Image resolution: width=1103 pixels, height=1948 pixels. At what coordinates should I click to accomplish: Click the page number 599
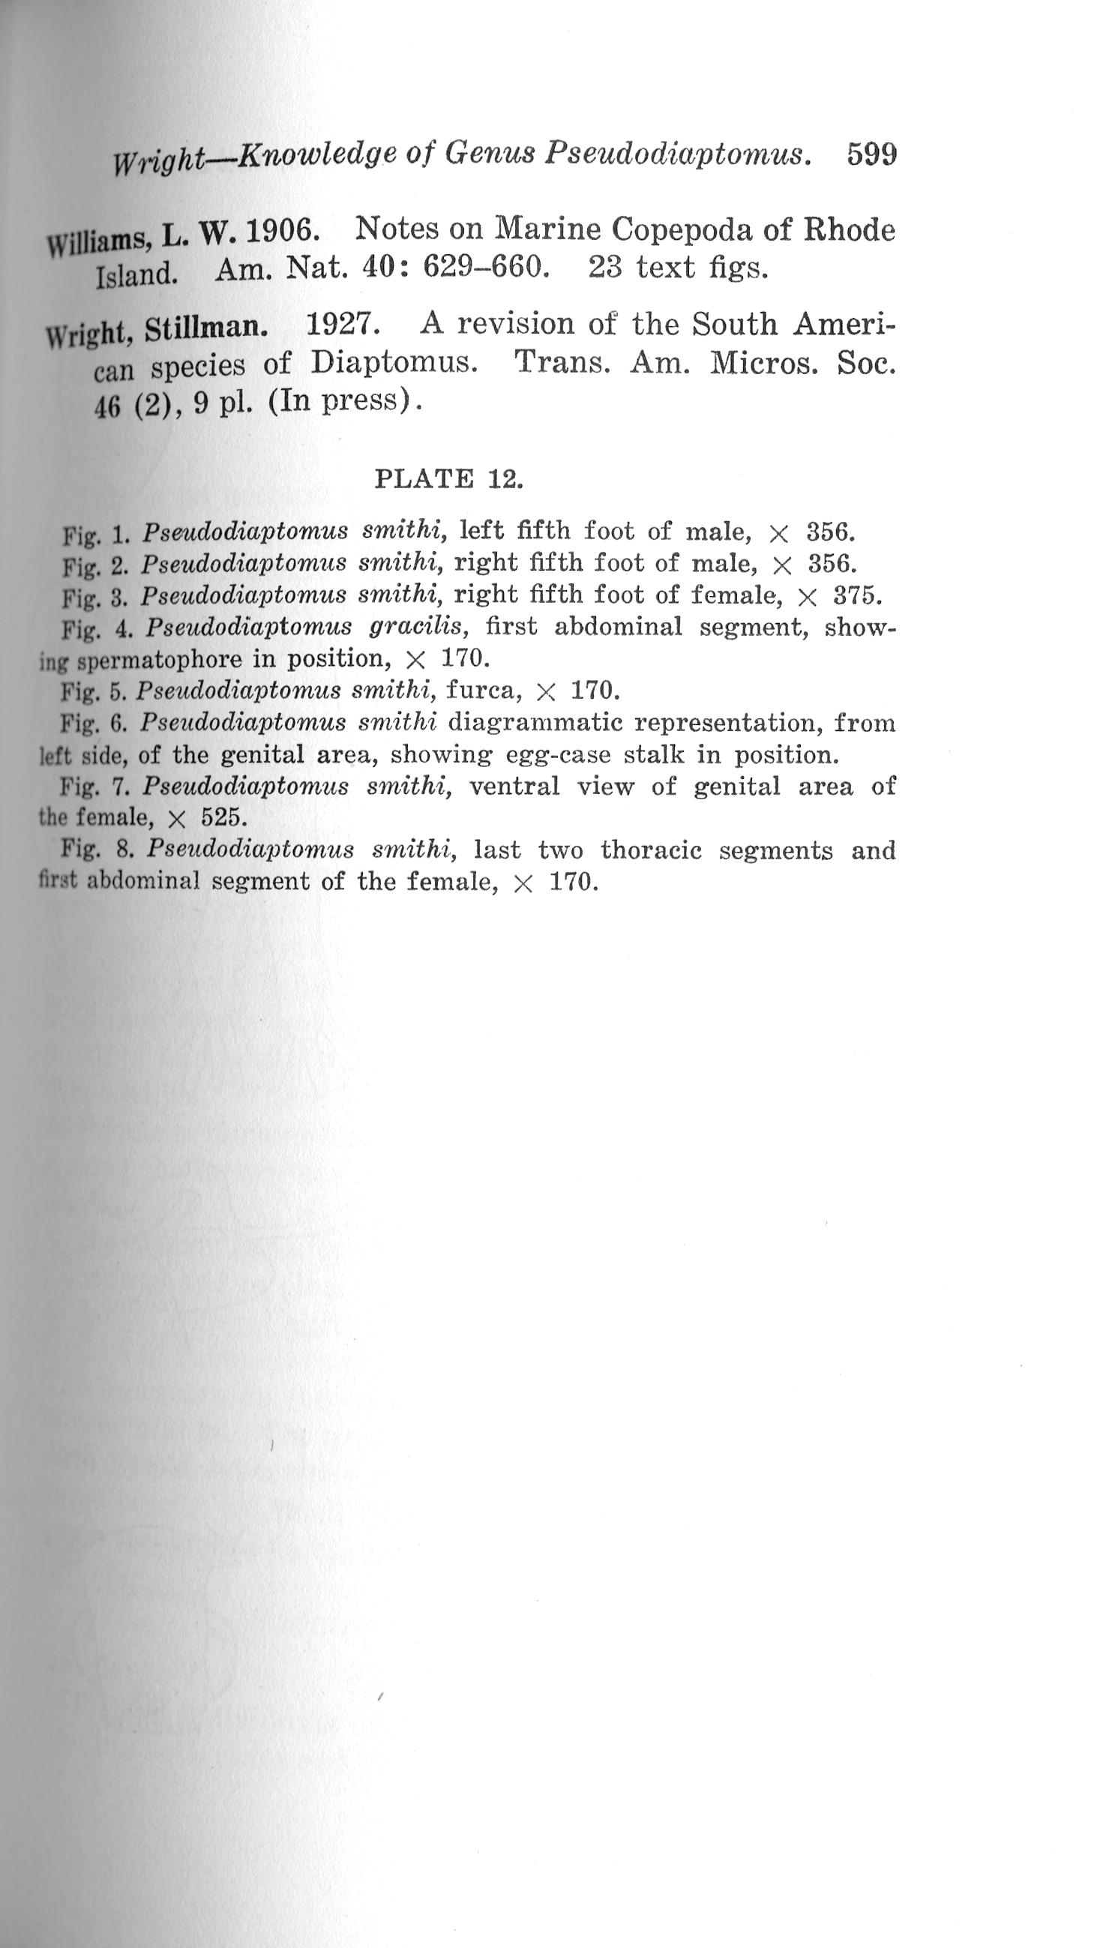pos(871,154)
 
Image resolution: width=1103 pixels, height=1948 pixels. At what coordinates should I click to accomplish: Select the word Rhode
pos(849,229)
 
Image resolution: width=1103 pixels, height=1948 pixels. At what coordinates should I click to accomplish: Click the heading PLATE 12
pos(448,479)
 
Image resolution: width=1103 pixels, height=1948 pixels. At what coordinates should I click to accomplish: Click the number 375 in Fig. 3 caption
pos(857,595)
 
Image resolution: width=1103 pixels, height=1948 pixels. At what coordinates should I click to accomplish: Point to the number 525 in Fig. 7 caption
pos(224,818)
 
